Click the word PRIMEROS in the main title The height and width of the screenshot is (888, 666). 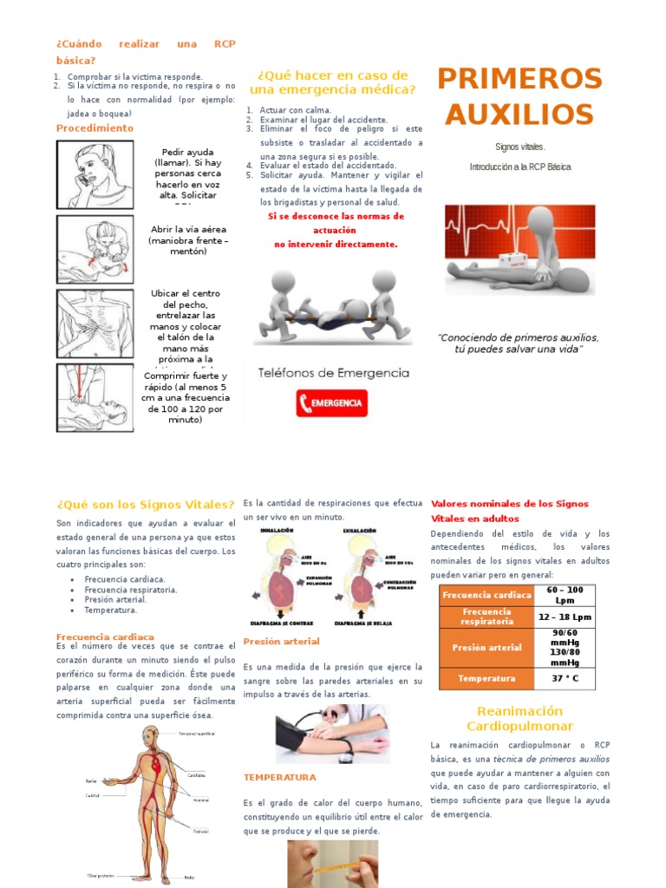[519, 79]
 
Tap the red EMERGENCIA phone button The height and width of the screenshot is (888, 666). [331, 403]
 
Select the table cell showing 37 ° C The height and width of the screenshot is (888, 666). [565, 678]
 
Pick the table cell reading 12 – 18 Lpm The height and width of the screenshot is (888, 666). [565, 617]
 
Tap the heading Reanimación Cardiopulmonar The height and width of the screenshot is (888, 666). [520, 719]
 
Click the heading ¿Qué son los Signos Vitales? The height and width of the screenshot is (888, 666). [146, 505]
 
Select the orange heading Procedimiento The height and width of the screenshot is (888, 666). [95, 128]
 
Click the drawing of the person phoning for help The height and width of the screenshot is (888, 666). [95, 174]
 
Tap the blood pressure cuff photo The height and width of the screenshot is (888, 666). [332, 734]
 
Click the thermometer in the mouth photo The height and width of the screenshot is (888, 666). [332, 864]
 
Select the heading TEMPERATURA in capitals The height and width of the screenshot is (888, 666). [280, 778]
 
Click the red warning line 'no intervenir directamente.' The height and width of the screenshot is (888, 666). [336, 245]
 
